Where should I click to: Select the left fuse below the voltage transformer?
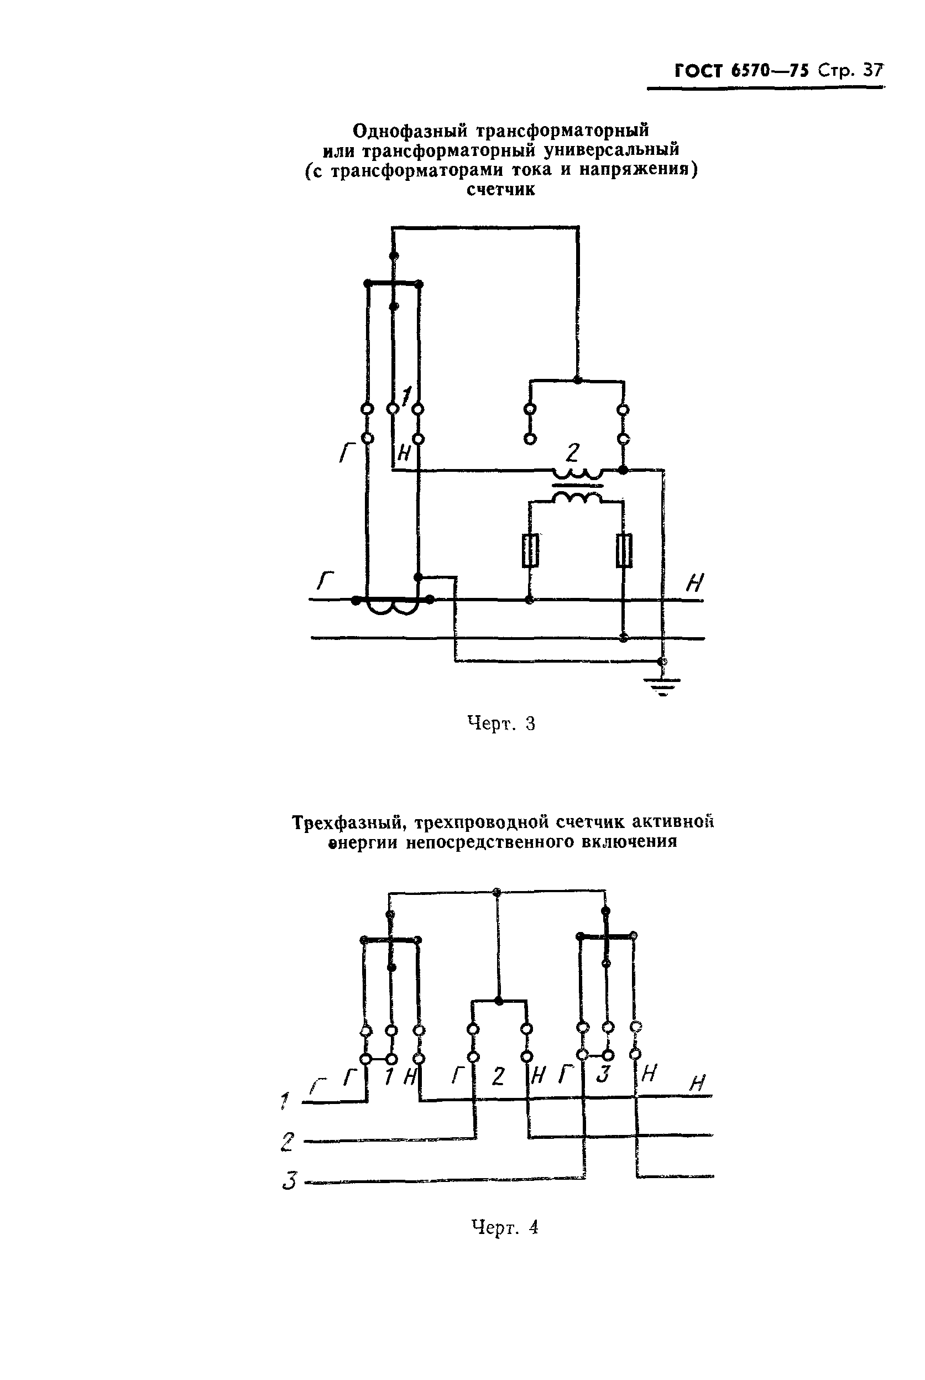(x=530, y=550)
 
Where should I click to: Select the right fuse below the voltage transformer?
(x=624, y=550)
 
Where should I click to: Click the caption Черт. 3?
(x=501, y=723)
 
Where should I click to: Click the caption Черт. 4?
(x=505, y=1227)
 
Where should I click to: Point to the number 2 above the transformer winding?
(x=572, y=453)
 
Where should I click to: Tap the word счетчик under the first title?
(x=501, y=190)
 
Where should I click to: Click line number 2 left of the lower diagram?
(x=288, y=1142)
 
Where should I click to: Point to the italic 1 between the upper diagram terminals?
(x=405, y=395)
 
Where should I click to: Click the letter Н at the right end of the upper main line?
(x=695, y=584)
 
